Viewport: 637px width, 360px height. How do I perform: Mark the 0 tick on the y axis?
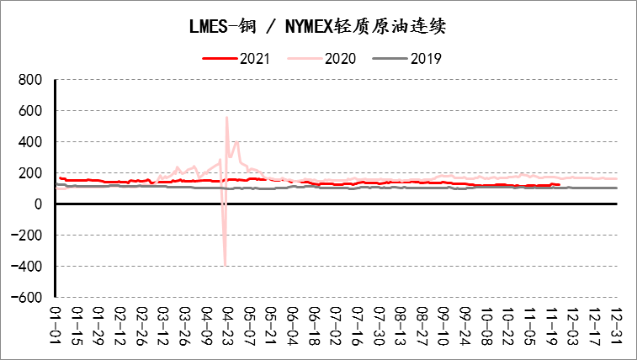[37, 204]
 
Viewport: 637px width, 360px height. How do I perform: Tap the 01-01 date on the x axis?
[56, 322]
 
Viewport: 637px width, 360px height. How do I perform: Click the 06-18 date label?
[314, 322]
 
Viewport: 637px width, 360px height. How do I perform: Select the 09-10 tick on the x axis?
[443, 322]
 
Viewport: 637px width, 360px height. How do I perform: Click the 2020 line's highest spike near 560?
[227, 117]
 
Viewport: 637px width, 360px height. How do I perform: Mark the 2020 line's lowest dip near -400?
[226, 266]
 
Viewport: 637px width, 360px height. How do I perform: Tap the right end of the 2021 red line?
[559, 184]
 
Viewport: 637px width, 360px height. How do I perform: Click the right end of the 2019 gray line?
[617, 188]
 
